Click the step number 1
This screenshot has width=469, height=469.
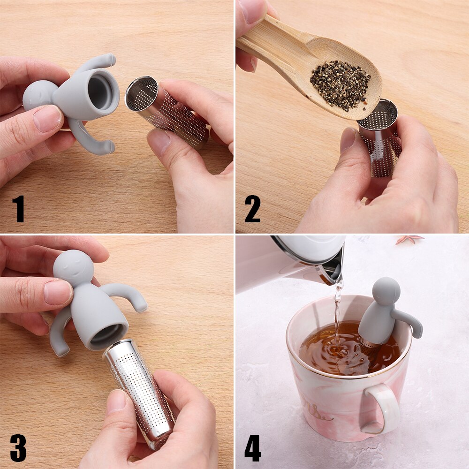point(18,209)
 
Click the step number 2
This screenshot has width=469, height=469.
point(252,209)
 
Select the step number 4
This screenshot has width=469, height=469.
point(252,448)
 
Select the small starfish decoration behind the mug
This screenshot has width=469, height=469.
point(409,239)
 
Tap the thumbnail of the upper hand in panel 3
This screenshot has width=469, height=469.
point(58,292)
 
